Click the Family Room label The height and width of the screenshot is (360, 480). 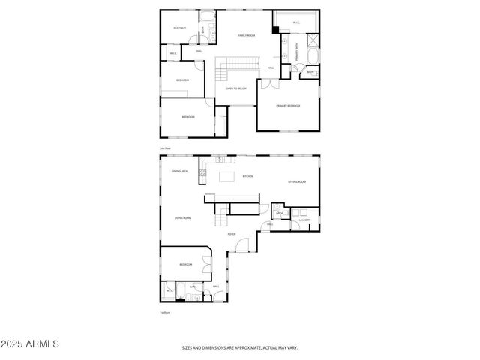click(247, 35)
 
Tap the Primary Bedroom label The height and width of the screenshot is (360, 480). click(288, 106)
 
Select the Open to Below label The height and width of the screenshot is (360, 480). click(237, 88)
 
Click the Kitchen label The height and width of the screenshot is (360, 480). click(247, 176)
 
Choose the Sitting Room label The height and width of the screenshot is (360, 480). click(298, 182)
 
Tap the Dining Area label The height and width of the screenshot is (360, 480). click(179, 172)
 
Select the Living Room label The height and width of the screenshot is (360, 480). click(183, 218)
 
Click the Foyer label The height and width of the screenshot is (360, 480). click(232, 234)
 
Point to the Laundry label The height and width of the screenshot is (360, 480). click(304, 220)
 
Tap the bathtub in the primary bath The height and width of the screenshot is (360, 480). click(313, 55)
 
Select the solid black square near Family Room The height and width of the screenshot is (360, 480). click(276, 29)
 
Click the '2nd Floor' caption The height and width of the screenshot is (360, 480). click(165, 149)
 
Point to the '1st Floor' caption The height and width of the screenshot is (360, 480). click(165, 312)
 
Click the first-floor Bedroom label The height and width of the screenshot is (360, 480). click(185, 265)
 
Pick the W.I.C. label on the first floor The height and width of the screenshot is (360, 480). click(169, 290)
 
